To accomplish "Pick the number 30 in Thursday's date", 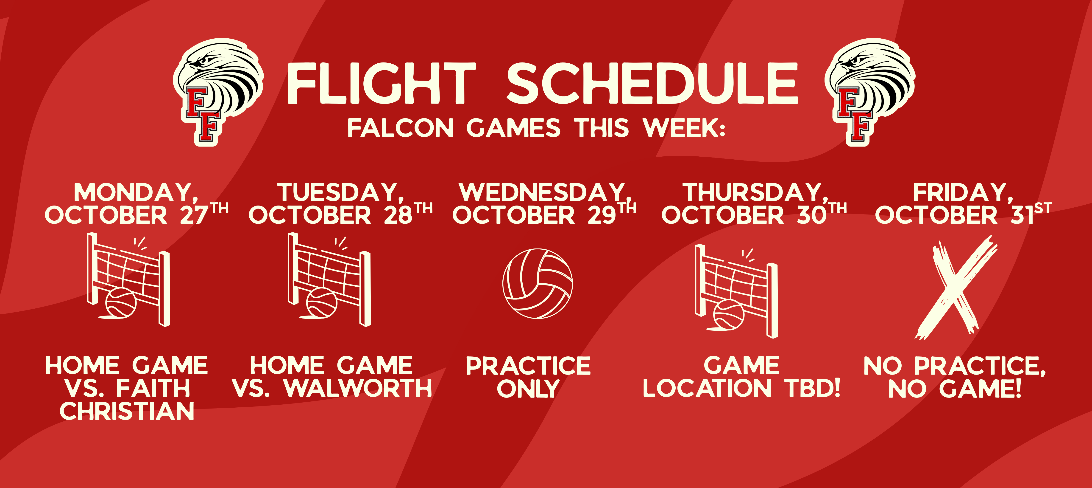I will pos(812,215).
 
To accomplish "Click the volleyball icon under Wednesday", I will pos(538,283).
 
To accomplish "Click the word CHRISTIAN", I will pos(127,411).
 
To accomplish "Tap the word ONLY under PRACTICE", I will pos(528,388).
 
